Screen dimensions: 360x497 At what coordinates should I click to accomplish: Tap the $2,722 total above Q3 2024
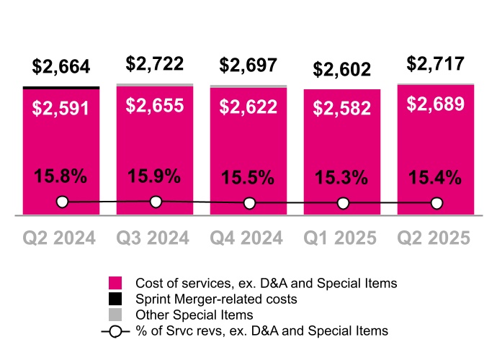tap(155, 63)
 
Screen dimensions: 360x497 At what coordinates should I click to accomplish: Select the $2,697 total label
tap(248, 66)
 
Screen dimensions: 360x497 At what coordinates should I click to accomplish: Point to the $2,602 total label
tap(342, 69)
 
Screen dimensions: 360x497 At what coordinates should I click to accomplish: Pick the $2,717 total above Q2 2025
tap(436, 63)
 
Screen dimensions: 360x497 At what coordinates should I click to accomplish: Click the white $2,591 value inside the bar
tap(61, 109)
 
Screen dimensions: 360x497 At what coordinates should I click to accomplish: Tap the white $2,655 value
tap(155, 106)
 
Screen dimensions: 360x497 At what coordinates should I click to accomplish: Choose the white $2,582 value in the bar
tap(342, 109)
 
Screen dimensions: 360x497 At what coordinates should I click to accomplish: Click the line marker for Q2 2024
tap(62, 202)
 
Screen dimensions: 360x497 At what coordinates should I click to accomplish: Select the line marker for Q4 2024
tap(249, 204)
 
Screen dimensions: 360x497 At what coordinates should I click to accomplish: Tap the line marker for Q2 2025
tap(436, 204)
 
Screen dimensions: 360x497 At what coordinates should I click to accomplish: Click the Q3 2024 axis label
tap(155, 238)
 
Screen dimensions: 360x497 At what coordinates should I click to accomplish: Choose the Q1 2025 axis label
tap(342, 238)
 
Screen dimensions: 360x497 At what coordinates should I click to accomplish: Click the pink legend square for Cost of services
tap(115, 282)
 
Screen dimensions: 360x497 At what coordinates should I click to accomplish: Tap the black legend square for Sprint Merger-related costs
tap(115, 298)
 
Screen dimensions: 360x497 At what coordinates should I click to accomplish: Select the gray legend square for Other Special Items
tap(115, 315)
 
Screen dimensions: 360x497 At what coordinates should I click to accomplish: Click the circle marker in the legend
tap(115, 331)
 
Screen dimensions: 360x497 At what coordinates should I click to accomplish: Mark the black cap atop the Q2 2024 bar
tap(61, 88)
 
